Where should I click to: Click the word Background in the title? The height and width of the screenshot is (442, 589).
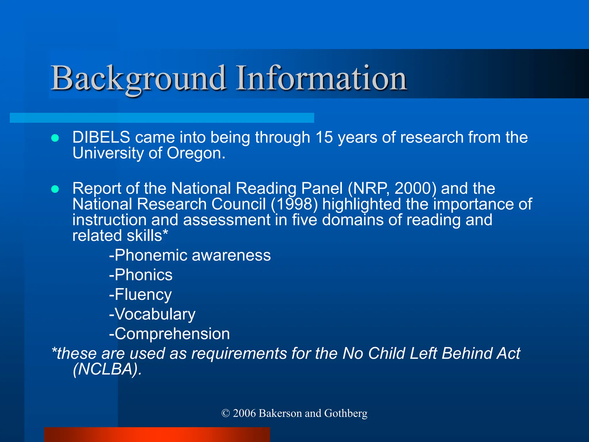[138, 78]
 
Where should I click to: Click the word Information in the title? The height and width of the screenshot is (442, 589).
[321, 78]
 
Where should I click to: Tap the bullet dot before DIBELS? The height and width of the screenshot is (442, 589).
[55, 138]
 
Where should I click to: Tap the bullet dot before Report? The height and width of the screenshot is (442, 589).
[55, 189]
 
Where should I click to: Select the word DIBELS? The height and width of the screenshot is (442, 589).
[101, 137]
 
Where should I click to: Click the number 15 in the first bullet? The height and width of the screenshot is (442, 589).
[324, 137]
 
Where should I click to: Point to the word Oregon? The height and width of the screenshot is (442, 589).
[196, 153]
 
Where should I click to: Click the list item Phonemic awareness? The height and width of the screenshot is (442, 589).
[190, 255]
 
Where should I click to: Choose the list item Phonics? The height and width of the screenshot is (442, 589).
[141, 275]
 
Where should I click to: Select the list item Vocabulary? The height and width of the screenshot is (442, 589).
[152, 314]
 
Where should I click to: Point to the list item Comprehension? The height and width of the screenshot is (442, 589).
[170, 334]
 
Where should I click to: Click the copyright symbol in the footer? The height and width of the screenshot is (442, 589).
[226, 414]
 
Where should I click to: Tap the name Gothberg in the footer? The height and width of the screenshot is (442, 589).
[346, 414]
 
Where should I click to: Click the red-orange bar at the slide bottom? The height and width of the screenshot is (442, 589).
[157, 435]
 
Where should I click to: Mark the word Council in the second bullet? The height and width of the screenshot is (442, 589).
[238, 204]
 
